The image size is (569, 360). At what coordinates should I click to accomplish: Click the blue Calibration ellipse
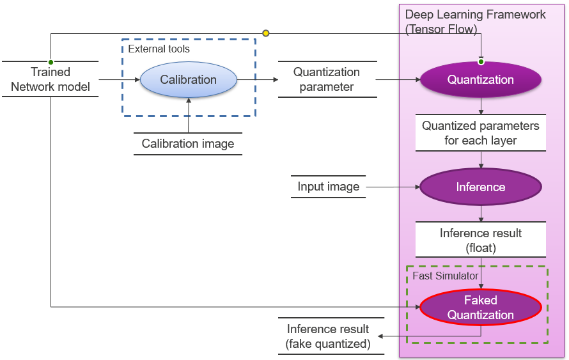[188, 80]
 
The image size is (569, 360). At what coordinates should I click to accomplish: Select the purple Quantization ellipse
[480, 80]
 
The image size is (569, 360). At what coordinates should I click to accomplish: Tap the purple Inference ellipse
[480, 187]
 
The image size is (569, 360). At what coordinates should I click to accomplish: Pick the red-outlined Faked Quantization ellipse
[480, 308]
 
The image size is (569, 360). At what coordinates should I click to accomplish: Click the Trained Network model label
[51, 79]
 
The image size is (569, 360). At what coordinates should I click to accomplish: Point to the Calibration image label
[188, 144]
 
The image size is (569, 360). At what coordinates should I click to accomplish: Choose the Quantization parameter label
[327, 79]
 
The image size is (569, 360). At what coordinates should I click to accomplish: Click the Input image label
[328, 187]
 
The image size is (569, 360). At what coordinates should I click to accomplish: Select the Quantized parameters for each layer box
[480, 133]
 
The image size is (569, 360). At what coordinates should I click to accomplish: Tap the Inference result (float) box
[480, 240]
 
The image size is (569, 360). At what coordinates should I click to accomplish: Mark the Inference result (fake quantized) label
[328, 336]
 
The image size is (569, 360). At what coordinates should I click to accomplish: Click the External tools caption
[159, 49]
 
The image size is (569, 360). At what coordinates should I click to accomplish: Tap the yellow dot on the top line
[266, 33]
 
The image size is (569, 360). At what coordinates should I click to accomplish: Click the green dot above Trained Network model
[51, 62]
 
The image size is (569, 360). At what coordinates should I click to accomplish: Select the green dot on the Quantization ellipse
[481, 62]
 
